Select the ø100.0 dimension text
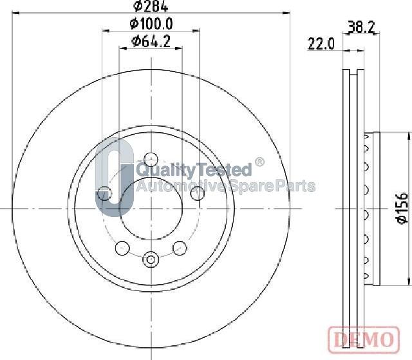(x=151, y=24)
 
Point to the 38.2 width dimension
(x=360, y=27)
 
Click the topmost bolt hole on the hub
(x=151, y=158)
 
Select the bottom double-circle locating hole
(x=151, y=259)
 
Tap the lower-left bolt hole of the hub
(x=121, y=247)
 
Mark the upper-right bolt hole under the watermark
(x=199, y=193)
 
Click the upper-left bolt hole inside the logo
(x=103, y=193)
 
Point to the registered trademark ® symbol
(x=259, y=162)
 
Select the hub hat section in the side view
(x=372, y=208)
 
